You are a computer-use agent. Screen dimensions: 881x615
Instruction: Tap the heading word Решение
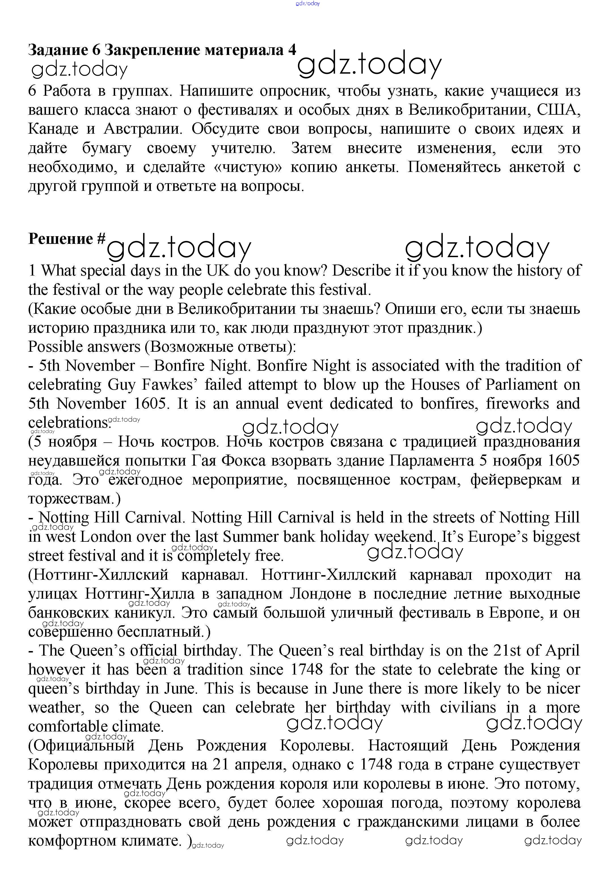coord(61,239)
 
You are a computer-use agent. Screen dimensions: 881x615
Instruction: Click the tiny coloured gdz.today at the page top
coord(308,3)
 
